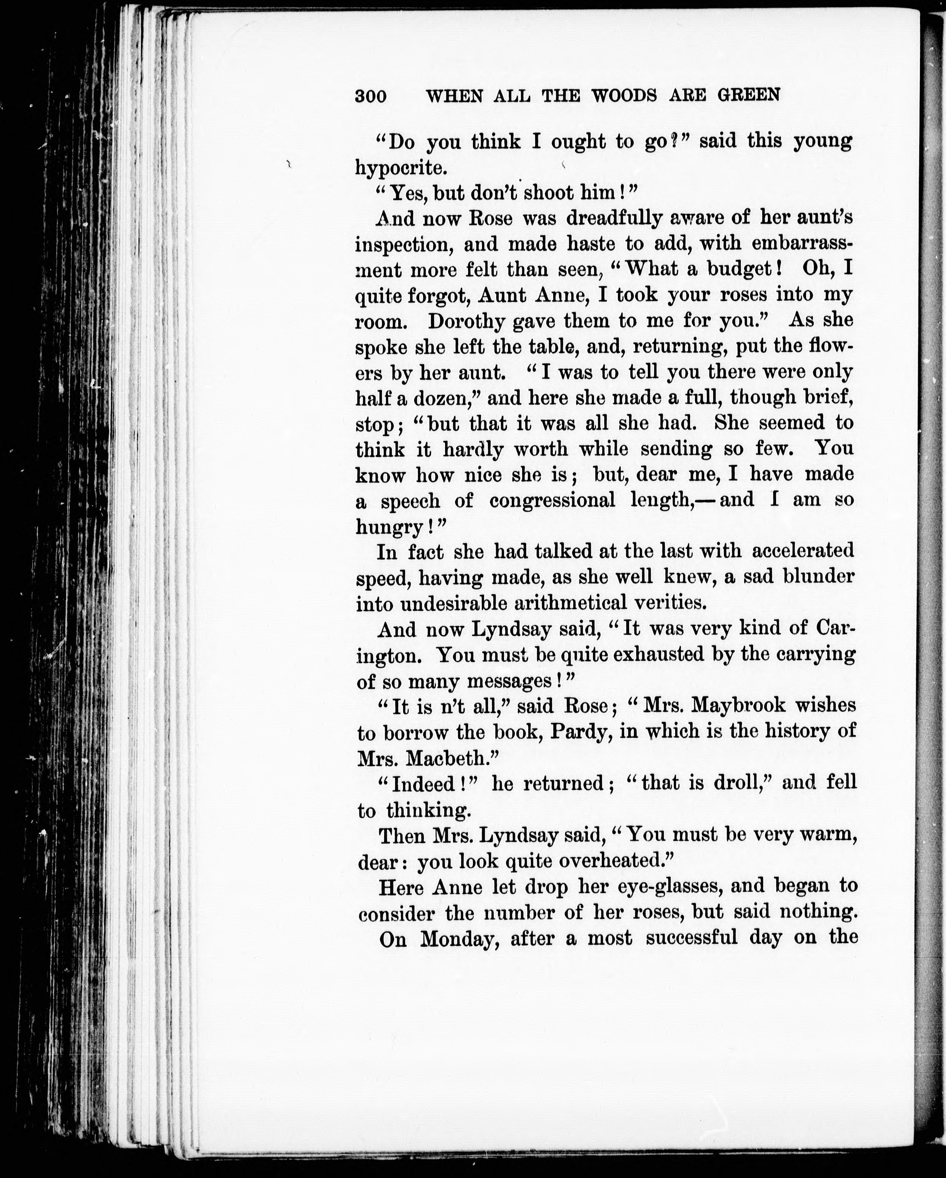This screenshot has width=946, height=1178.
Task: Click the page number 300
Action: click(370, 96)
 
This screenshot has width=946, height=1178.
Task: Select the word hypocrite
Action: click(401, 168)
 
